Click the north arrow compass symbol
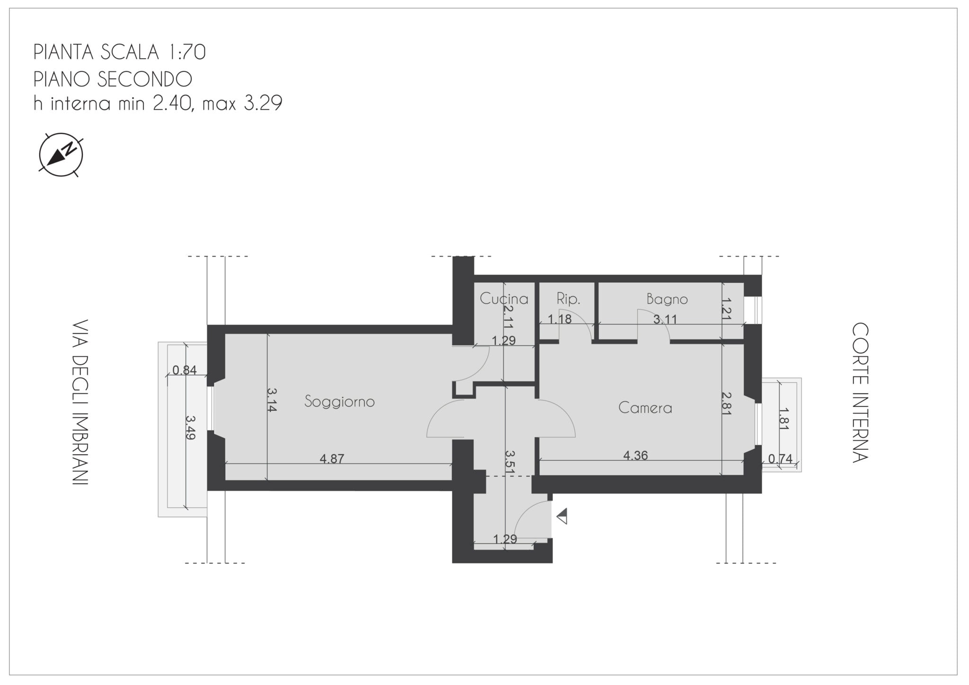tap(61, 155)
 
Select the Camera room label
tap(645, 408)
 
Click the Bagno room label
tap(667, 299)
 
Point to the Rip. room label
tap(568, 299)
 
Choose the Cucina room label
tap(504, 299)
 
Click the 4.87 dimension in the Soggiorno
tap(332, 458)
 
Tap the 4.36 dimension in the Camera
tap(635, 455)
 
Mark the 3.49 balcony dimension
tap(190, 428)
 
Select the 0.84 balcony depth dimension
tap(184, 370)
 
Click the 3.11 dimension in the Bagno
tap(665, 319)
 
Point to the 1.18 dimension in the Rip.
tap(560, 319)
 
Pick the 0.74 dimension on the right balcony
tap(780, 458)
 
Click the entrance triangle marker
tap(562, 517)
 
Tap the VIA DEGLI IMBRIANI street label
tap(80, 403)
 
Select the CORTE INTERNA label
tap(860, 393)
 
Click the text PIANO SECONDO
tap(113, 79)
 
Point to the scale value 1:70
tap(185, 53)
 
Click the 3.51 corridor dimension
tap(510, 462)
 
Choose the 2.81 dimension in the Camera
tap(727, 403)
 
